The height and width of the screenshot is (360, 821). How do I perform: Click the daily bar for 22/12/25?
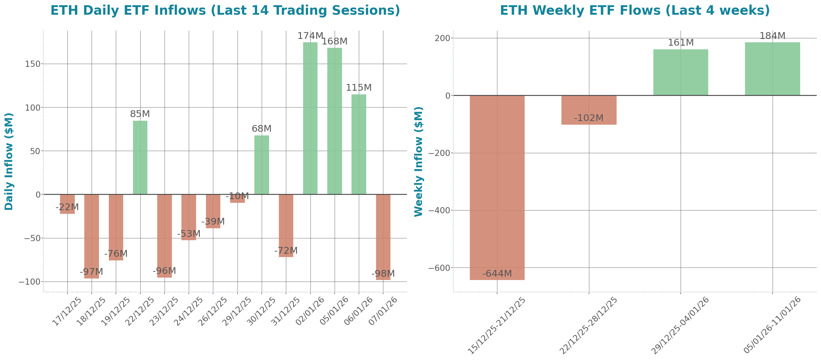click(140, 157)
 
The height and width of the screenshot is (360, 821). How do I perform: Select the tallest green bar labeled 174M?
click(310, 118)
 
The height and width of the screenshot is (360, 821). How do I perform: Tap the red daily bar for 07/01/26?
click(383, 237)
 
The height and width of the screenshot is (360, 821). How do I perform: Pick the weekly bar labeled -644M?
click(497, 188)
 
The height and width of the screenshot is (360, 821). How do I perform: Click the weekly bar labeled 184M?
click(772, 69)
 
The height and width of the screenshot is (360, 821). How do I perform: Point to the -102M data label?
click(589, 118)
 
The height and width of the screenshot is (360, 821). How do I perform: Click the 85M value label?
click(140, 114)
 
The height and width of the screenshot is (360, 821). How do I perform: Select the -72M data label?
click(286, 251)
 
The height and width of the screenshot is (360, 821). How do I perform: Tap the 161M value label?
click(680, 43)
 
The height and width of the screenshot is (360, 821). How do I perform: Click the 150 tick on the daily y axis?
click(33, 64)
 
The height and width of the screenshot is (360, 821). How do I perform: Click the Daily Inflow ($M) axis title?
click(9, 161)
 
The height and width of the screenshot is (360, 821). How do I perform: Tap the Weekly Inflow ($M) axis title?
click(418, 161)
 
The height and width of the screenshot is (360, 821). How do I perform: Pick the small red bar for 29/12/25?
click(238, 199)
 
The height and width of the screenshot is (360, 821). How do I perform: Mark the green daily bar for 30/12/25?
click(262, 165)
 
